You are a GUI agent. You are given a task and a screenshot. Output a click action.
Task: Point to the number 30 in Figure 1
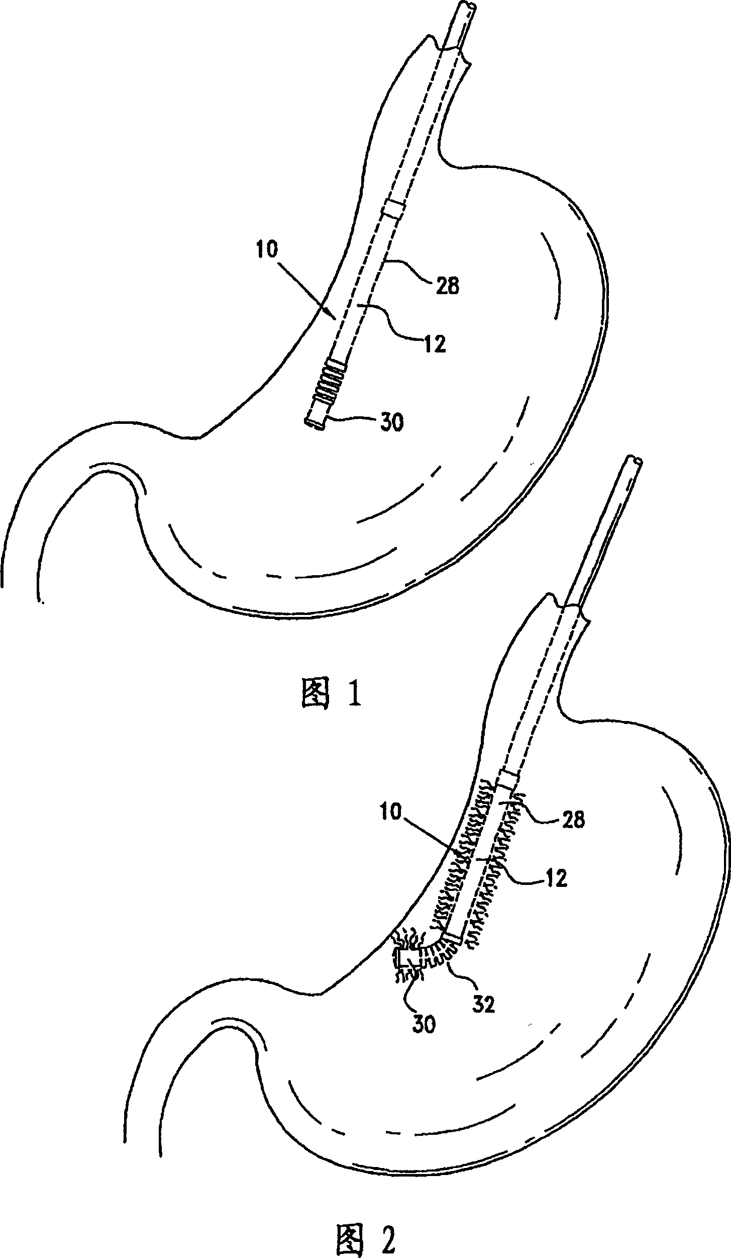pos(391,423)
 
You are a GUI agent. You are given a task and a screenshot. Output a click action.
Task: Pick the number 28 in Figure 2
pos(572,820)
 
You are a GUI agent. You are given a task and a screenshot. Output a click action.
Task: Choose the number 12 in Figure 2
pos(555,878)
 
